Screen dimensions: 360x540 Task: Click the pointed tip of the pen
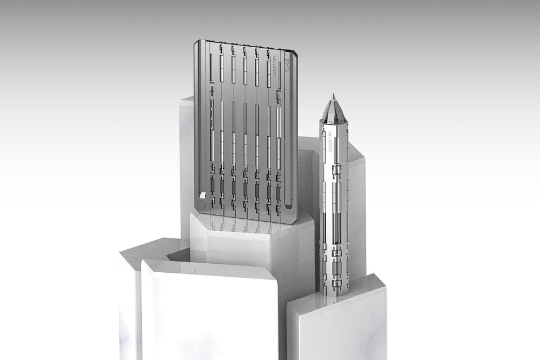(333, 96)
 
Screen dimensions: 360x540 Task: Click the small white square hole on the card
(202, 195)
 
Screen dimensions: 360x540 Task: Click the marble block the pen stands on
(337, 326)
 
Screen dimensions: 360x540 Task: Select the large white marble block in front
(208, 315)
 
